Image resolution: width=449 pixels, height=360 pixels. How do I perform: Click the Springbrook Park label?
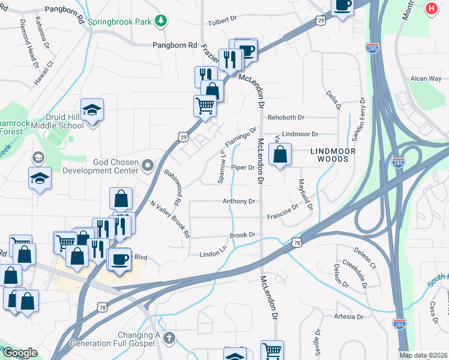tap(119, 22)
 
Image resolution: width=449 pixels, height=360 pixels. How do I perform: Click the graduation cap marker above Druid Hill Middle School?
tap(92, 110)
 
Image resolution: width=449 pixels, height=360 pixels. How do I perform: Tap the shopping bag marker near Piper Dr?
tap(280, 154)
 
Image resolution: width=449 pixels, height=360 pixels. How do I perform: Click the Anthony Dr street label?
tap(240, 202)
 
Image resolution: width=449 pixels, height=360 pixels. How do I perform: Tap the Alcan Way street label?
tap(426, 79)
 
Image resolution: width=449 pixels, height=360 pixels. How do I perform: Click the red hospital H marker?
tap(431, 9)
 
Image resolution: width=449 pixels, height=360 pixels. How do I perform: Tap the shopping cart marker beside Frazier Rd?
tap(205, 106)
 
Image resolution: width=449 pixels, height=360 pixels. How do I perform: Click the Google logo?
tap(20, 353)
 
